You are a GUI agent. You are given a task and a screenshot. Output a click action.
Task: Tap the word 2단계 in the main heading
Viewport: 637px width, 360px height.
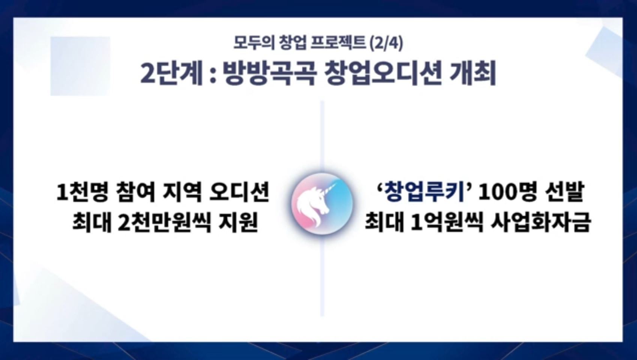pyautogui.click(x=171, y=74)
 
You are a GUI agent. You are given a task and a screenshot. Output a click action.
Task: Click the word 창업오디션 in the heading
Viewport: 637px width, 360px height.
pyautogui.click(x=383, y=74)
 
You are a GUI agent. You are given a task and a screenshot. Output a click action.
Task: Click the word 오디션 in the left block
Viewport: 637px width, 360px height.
pyautogui.click(x=239, y=192)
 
